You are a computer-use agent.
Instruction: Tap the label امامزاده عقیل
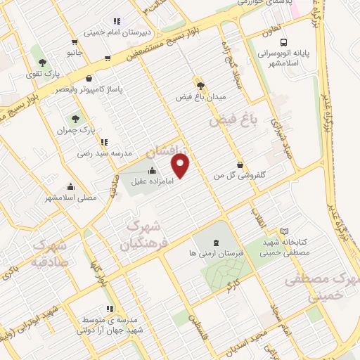coord(153,182)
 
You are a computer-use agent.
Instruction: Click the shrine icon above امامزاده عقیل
coord(153,169)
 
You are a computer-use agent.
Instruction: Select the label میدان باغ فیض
coord(200,97)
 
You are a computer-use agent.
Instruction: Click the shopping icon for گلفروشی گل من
coord(240,165)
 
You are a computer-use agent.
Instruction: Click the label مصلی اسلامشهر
coord(70,199)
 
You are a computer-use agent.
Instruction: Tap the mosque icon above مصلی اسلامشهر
coord(70,187)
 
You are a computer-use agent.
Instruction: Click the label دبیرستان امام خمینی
coord(115,32)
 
